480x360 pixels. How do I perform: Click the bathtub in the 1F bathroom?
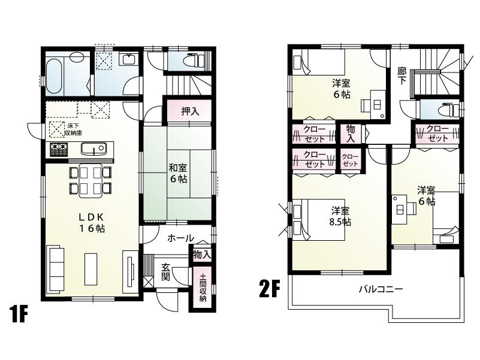pos(55,76)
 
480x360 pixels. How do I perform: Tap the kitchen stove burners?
pos(58,148)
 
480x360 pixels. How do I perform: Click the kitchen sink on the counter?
pos(93,148)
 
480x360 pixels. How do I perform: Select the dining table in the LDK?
pos(90,180)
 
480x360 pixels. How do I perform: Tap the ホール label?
pos(180,238)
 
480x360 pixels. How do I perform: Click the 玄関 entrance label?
pos(166,273)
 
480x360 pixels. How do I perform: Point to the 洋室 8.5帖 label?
pos(340,216)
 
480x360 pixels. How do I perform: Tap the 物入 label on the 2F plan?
pos(351,134)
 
